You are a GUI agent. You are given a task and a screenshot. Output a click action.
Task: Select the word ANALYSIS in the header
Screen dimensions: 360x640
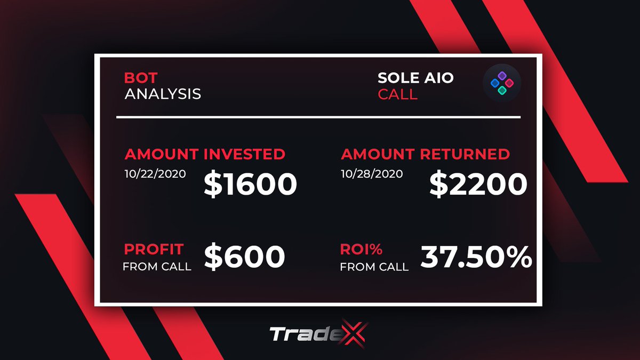[x=163, y=94]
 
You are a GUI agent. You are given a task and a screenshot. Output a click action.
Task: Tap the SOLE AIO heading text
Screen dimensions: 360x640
[x=415, y=78]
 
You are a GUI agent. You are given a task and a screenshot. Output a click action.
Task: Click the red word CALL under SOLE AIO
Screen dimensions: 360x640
[x=397, y=94]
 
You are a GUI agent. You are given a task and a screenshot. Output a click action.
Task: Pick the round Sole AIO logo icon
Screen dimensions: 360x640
[x=501, y=84]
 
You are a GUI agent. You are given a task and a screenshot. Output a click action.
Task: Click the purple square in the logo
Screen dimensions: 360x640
[x=501, y=76]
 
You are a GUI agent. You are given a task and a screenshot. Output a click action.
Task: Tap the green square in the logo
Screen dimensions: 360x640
[x=501, y=91]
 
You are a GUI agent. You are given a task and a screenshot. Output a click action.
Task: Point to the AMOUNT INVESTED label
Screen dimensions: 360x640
[x=205, y=154]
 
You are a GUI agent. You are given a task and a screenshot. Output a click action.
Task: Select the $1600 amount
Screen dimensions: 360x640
[x=250, y=184]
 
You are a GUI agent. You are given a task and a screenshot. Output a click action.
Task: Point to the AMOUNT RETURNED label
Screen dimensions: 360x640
[x=425, y=154]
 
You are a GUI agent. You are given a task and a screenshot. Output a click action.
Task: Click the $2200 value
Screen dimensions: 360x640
[x=478, y=184]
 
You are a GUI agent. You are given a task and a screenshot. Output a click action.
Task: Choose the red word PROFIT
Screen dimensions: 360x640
[x=154, y=249]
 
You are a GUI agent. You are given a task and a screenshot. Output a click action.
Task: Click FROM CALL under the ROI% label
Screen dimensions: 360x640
[x=374, y=266]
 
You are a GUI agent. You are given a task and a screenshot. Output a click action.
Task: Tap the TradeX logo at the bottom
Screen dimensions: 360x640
[x=319, y=334]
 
